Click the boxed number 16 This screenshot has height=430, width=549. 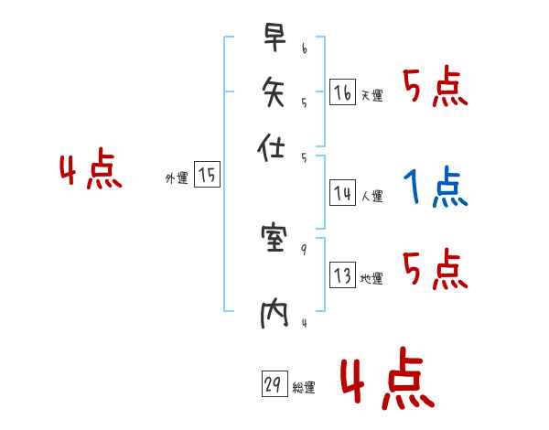click(x=342, y=92)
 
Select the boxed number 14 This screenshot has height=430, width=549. click(x=342, y=193)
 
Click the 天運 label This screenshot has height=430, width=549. click(x=371, y=95)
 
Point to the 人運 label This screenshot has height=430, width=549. click(x=371, y=196)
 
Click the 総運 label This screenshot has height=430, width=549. click(x=304, y=388)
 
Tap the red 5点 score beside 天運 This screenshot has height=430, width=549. click(x=435, y=89)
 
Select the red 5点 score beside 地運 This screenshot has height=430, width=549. click(x=435, y=270)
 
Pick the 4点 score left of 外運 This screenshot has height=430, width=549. click(x=91, y=171)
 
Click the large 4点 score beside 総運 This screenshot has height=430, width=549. click(x=387, y=381)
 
